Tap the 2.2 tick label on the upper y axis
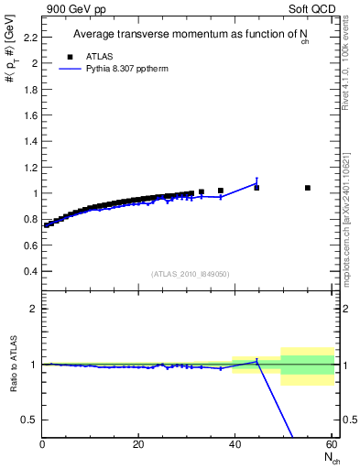click(x=30, y=38)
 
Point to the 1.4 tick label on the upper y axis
click(x=30, y=141)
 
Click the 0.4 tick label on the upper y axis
click(x=30, y=271)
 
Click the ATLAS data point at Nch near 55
click(x=307, y=188)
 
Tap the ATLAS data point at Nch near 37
click(x=221, y=191)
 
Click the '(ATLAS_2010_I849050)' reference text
click(x=191, y=274)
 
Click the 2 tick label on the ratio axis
click(x=34, y=309)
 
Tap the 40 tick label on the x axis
click(x=235, y=445)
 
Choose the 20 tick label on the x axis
click(x=138, y=445)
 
